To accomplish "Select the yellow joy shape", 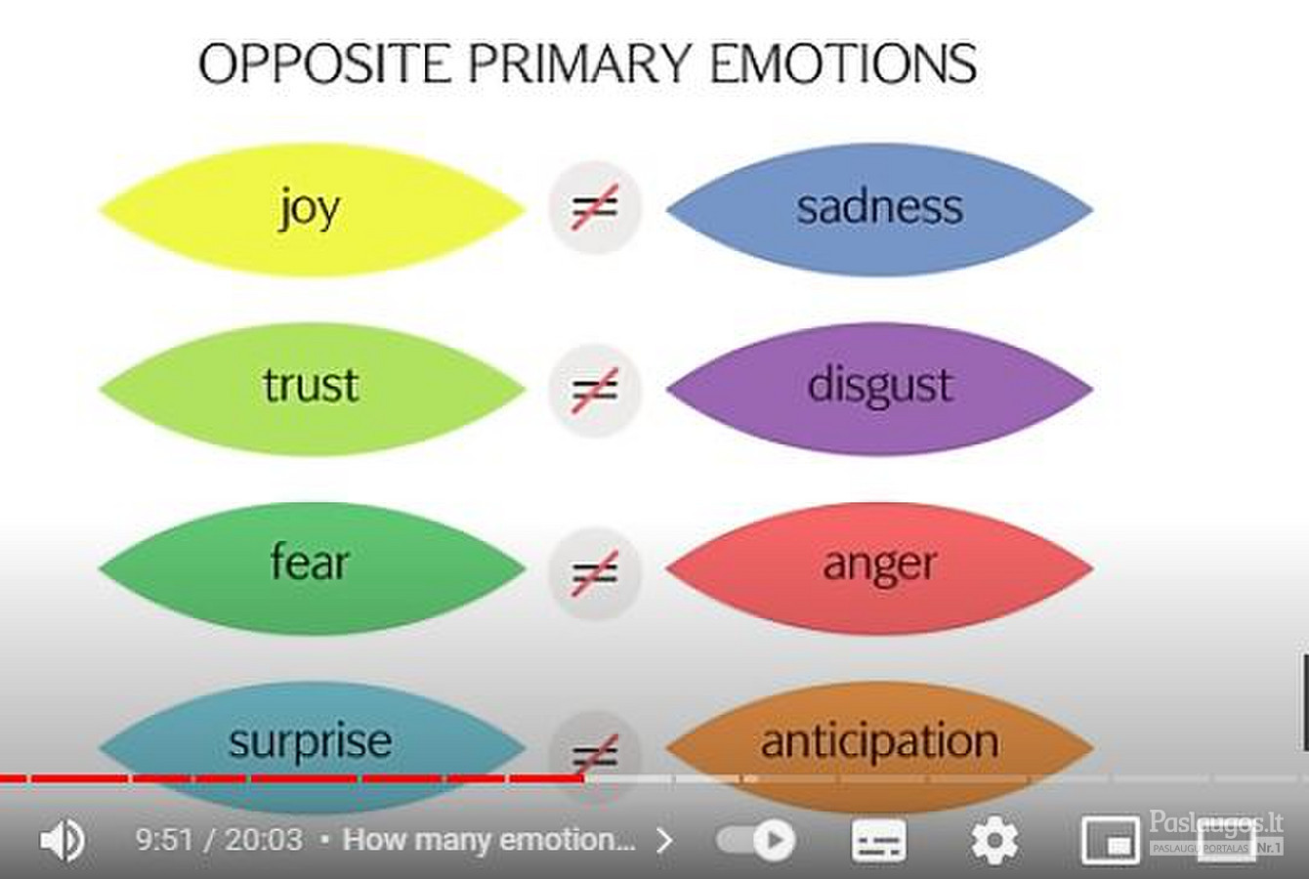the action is click(312, 210).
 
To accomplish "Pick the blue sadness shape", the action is click(879, 209).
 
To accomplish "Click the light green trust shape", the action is click(312, 390).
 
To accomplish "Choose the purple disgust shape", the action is click(879, 389).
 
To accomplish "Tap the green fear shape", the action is click(312, 568).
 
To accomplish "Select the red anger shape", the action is click(879, 568).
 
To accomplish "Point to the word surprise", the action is click(311, 742).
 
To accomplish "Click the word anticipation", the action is click(879, 741).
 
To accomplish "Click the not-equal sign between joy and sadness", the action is click(594, 207).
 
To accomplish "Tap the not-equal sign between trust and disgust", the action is click(594, 391).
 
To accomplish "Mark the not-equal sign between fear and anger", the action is click(594, 572).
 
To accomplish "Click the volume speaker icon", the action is click(63, 841).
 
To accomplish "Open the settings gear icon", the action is click(994, 841).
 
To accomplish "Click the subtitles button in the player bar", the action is click(879, 841).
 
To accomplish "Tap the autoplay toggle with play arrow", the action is click(756, 841).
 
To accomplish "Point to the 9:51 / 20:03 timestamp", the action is click(219, 840).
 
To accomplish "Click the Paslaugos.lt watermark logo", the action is click(1216, 833).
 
